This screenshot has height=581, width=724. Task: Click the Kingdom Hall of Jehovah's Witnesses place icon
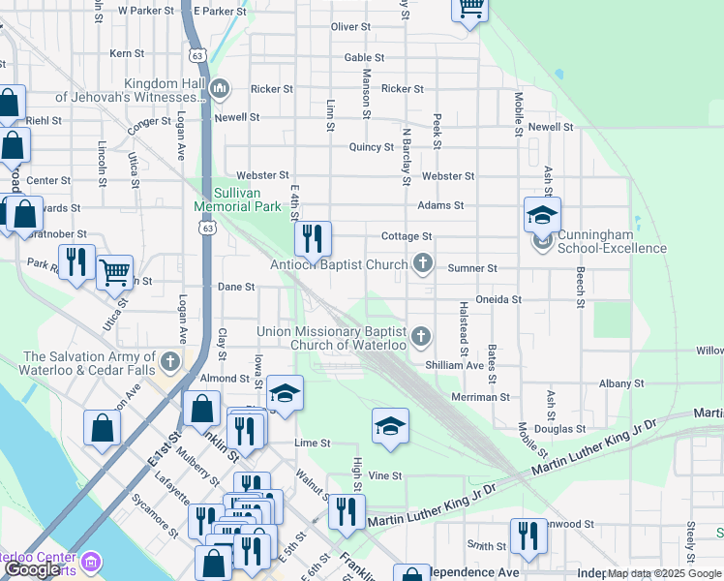220,89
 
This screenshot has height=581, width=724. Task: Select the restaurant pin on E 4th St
313,238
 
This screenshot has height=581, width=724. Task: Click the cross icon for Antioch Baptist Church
422,262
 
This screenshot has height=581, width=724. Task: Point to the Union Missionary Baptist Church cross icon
420,336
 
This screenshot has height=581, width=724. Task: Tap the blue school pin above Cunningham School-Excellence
542,214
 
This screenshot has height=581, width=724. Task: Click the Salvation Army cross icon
170,362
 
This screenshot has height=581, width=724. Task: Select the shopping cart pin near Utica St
114,272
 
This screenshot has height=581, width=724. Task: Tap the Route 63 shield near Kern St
197,55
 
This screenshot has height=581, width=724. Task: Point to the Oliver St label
350,27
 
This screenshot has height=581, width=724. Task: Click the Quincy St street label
371,147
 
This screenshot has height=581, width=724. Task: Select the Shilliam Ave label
454,365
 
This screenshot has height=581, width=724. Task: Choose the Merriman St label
480,397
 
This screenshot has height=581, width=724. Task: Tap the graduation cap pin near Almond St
285,392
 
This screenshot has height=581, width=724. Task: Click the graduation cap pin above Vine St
389,425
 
